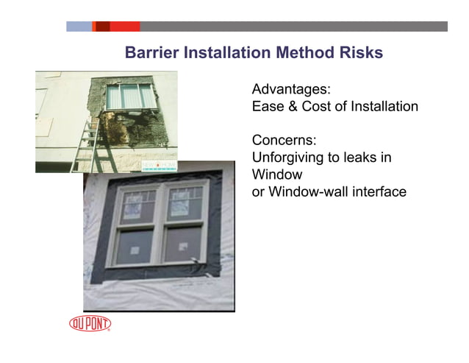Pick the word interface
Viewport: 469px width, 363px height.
coord(378,192)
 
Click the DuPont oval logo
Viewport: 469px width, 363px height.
coord(90,323)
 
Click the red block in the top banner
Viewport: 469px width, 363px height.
coord(125,27)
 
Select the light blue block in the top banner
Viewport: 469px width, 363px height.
coord(79,27)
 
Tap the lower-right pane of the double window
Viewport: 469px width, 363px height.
coord(181,244)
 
